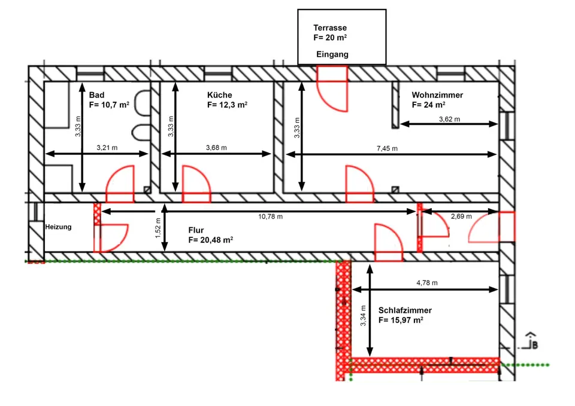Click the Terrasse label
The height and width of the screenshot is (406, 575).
330,28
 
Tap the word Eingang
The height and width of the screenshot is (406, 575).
332,54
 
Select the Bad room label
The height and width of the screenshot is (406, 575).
97,95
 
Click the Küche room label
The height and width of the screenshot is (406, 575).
220,95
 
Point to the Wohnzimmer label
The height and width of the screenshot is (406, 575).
437,95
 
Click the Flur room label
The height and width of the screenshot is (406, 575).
196,230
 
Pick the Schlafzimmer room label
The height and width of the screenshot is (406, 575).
405,310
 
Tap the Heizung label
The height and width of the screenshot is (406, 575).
58,227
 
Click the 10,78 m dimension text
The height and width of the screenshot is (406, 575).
271,216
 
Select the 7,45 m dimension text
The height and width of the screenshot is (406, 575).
388,149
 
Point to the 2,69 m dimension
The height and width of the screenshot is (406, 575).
461,216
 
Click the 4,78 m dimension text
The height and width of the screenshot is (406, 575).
427,283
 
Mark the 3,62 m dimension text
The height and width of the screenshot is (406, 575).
450,120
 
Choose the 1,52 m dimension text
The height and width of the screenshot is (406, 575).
158,228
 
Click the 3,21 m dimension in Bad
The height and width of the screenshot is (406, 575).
107,148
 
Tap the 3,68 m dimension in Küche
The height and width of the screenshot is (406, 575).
216,148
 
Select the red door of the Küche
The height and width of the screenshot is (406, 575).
196,184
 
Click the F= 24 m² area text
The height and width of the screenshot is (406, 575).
429,105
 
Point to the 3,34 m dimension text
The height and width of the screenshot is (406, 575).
363,316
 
